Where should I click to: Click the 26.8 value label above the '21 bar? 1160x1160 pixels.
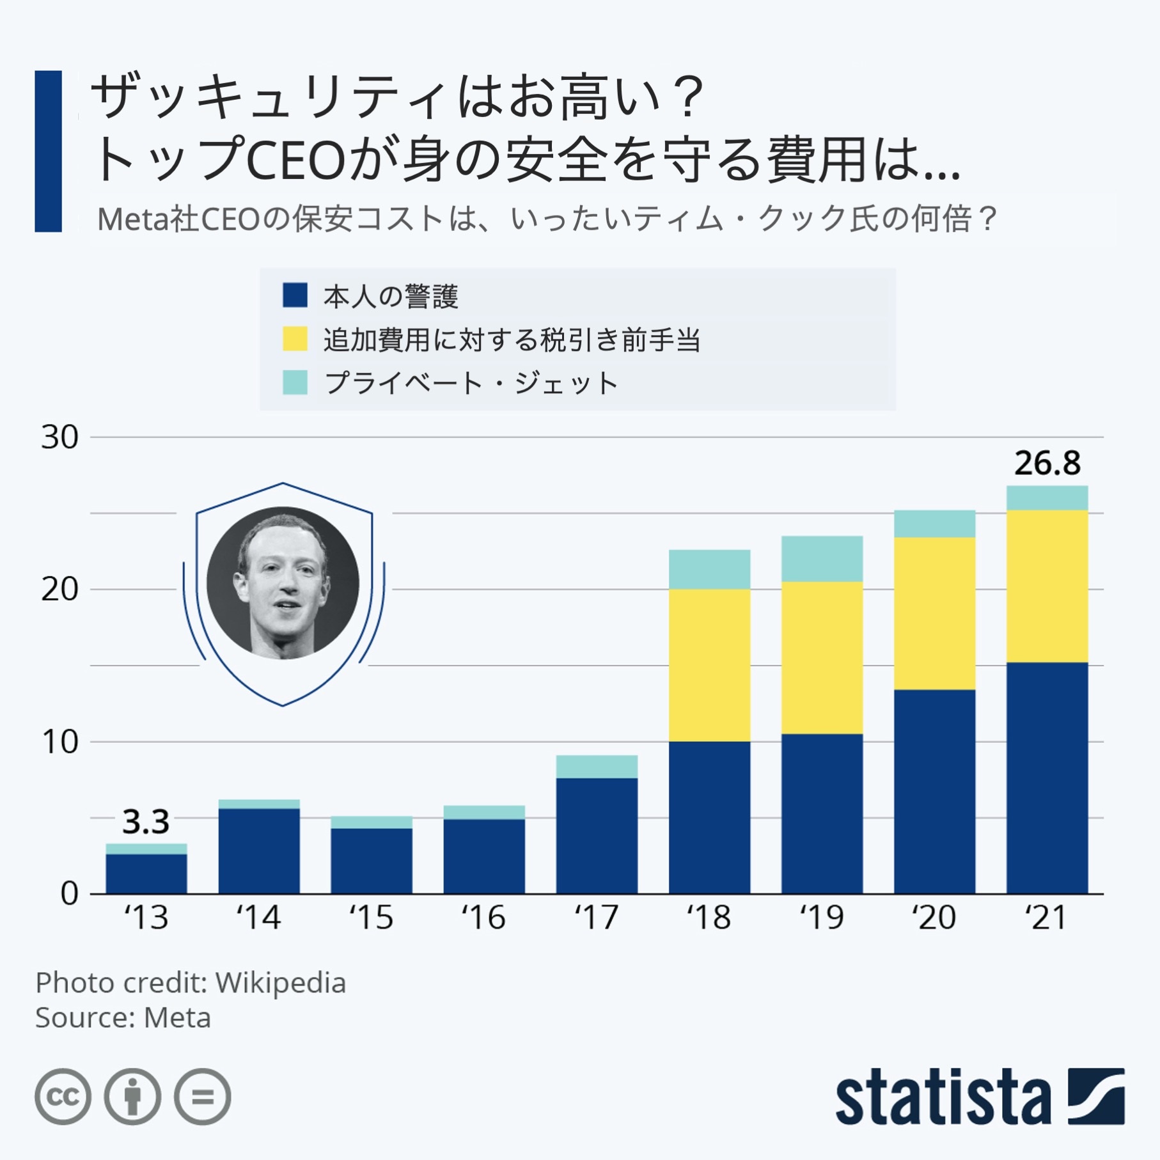(x=1047, y=463)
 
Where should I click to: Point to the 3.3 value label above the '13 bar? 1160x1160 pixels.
(x=146, y=822)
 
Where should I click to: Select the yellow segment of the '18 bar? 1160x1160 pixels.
(x=709, y=665)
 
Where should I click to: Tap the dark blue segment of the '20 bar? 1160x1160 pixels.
(x=934, y=791)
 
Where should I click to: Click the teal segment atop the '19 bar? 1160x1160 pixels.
(x=822, y=558)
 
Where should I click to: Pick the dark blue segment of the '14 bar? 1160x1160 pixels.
(x=259, y=850)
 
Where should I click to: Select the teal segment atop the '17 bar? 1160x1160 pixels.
(x=597, y=766)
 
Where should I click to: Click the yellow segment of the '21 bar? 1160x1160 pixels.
(x=1047, y=586)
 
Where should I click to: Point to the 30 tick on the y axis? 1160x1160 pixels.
(x=59, y=437)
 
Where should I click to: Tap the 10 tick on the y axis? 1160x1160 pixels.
(x=59, y=742)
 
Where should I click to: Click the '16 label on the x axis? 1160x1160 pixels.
(x=483, y=918)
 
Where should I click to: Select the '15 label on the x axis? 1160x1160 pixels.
(x=371, y=918)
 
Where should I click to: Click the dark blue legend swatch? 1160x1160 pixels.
(x=295, y=295)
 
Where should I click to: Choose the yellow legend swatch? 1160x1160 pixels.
(x=295, y=339)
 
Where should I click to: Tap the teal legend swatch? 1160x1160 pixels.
(x=295, y=382)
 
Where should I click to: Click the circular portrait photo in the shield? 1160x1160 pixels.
(x=283, y=583)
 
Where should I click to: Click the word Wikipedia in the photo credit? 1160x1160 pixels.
(x=280, y=983)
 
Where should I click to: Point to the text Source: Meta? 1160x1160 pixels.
(x=123, y=1017)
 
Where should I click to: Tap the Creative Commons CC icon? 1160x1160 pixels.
(x=63, y=1097)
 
